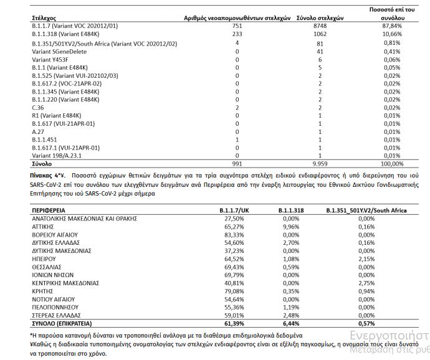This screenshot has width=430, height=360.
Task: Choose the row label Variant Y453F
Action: point(50,59)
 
